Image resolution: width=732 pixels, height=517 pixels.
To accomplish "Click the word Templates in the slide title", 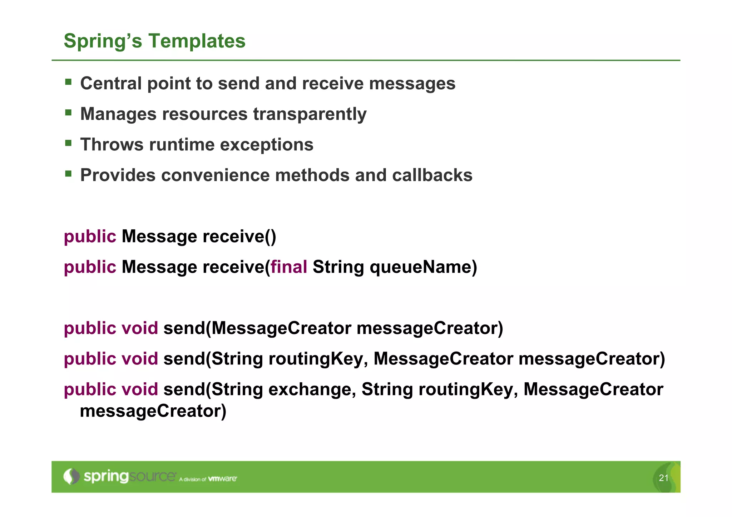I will pos(197,41).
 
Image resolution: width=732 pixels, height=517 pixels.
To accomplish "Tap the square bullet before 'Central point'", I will pos(68,82).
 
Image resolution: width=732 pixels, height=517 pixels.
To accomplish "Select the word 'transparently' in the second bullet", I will pos(310,114).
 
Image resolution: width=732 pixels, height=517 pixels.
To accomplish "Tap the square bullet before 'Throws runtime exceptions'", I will pos(68,143).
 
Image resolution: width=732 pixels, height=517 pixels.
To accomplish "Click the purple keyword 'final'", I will pos(289,267).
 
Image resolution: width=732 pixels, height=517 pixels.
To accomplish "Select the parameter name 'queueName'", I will pos(423,267).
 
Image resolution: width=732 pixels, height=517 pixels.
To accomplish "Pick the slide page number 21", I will pos(663,478).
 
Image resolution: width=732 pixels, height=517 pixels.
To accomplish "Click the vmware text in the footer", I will pos(222,479).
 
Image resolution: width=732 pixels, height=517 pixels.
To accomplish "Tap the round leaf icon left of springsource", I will pos(71,477).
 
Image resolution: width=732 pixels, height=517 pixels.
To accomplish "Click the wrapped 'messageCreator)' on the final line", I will pos(153,411).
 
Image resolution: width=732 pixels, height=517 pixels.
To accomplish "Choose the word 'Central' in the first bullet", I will pos(111,84).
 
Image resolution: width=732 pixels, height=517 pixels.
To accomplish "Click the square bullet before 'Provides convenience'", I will pos(68,174).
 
